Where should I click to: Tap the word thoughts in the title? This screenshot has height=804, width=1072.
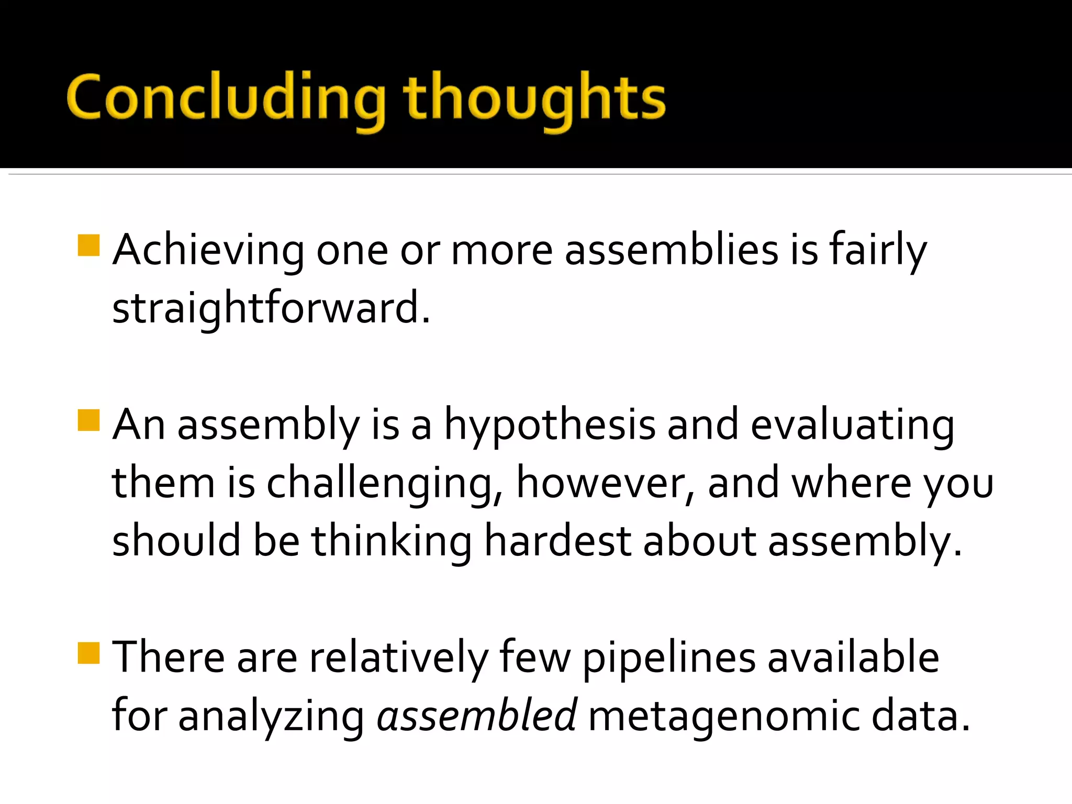point(534,99)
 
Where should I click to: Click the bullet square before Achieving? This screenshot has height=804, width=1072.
point(88,245)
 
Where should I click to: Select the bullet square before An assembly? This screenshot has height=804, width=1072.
point(88,420)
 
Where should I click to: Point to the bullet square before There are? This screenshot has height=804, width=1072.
point(88,653)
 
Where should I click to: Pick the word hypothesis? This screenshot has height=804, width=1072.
point(550,425)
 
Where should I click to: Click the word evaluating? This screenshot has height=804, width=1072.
point(852,425)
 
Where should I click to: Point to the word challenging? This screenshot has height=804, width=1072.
point(385,483)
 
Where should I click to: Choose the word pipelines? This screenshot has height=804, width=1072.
point(669,657)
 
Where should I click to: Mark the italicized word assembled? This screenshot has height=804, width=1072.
point(476,716)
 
